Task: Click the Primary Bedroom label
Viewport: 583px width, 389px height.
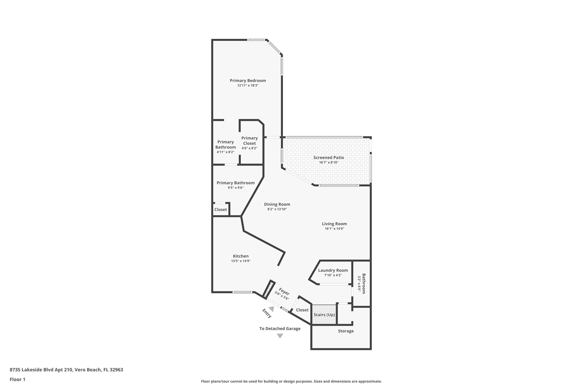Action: [x=248, y=81]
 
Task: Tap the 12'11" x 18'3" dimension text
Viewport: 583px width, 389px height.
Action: [x=248, y=85]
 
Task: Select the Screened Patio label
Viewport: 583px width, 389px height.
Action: [x=329, y=158]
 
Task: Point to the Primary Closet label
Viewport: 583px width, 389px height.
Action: [x=249, y=141]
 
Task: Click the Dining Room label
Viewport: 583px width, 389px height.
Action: [x=277, y=204]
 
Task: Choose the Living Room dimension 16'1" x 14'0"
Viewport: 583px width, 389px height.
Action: [x=334, y=229]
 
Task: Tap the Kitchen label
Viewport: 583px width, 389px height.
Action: [x=241, y=256]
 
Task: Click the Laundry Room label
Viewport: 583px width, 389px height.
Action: [x=333, y=270]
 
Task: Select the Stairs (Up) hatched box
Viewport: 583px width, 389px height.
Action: [x=324, y=315]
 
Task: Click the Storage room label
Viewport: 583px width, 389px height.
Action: [x=346, y=331]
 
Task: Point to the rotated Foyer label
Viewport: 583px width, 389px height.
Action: [x=284, y=292]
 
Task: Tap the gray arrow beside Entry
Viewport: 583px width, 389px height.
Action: [x=271, y=309]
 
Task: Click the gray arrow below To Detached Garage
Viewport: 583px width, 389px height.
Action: [x=280, y=336]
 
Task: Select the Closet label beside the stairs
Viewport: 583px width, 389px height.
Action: [x=302, y=310]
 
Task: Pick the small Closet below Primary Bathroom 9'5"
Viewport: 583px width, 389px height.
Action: [x=221, y=210]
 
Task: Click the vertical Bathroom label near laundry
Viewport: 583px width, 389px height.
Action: [x=364, y=284]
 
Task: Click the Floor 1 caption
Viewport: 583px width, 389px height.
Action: [x=17, y=380]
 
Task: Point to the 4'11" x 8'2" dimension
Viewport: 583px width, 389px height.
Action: [x=225, y=152]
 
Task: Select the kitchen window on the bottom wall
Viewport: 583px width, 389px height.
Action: [x=242, y=292]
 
